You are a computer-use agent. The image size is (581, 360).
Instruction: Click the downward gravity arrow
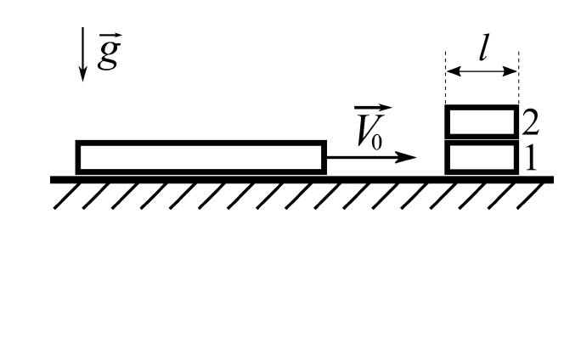click(x=82, y=54)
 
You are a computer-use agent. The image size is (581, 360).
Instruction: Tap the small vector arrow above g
click(x=110, y=35)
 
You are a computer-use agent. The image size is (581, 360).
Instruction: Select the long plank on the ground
click(x=200, y=157)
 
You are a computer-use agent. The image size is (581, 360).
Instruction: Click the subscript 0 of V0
click(x=376, y=143)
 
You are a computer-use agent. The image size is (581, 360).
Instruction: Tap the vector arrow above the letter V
click(x=373, y=108)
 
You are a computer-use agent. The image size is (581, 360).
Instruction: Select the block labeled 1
click(x=482, y=157)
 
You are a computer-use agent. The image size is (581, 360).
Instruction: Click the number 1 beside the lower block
click(x=531, y=158)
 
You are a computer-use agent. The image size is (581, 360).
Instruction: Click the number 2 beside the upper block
click(x=531, y=122)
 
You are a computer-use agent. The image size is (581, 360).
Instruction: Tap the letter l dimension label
click(x=483, y=47)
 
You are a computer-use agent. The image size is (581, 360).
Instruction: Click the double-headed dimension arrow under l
click(x=482, y=71)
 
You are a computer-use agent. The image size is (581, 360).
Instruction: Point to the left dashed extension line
click(x=445, y=78)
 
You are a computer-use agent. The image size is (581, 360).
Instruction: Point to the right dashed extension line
click(x=518, y=78)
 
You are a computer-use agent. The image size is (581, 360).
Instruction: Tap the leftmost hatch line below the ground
click(x=67, y=196)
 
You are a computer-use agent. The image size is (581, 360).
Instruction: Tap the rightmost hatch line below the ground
click(x=531, y=196)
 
